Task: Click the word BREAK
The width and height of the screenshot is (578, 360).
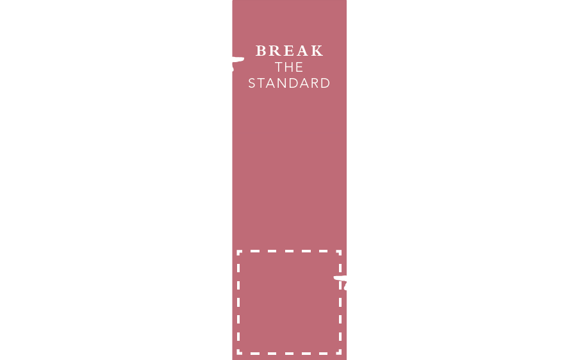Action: click(290, 51)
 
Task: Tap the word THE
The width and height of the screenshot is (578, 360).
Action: click(290, 67)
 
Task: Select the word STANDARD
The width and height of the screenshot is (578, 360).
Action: click(290, 84)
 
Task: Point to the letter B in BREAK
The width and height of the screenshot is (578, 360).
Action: click(261, 51)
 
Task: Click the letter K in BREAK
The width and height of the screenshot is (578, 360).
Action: click(317, 51)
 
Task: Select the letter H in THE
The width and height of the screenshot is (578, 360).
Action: click(290, 67)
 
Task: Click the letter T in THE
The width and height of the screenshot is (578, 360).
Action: click(279, 67)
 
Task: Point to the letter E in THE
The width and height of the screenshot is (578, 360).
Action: click(299, 67)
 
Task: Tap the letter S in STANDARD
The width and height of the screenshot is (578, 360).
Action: click(252, 84)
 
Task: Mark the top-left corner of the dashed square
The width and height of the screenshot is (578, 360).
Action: click(238, 252)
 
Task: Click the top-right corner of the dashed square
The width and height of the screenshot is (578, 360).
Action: click(340, 252)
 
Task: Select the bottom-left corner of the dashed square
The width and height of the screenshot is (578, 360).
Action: click(238, 352)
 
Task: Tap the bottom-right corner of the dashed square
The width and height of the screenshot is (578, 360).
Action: click(340, 352)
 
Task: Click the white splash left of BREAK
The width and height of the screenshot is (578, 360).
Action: click(238, 61)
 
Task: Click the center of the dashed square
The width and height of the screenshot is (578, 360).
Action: click(289, 302)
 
